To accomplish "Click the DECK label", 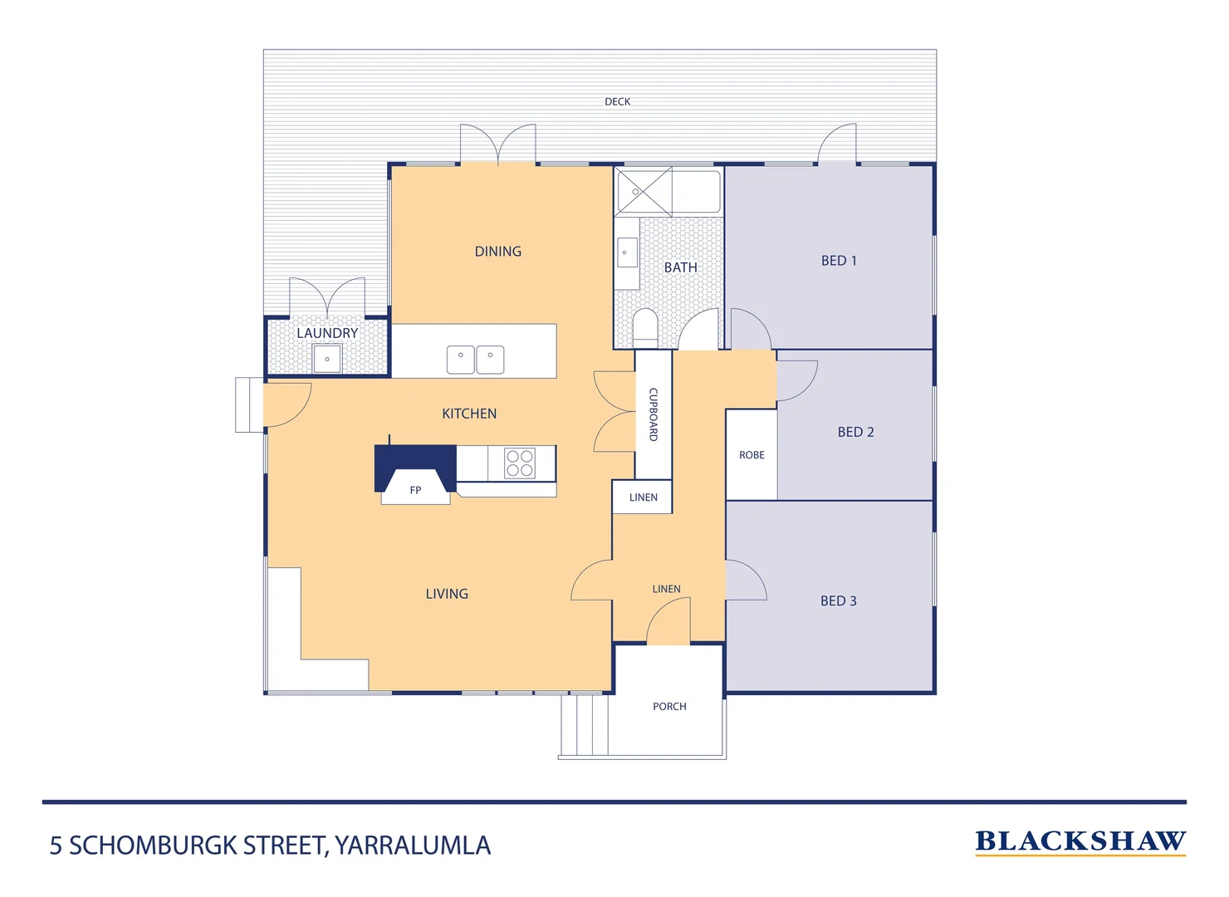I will coord(617,101).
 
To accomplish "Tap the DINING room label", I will coord(497,251).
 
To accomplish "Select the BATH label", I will coord(680,267).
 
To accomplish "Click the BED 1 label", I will coord(838,260).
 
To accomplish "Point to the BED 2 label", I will coord(855,432).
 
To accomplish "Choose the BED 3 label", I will coord(838,600).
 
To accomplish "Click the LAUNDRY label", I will coord(327,333).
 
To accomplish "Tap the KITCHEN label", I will coord(469,414).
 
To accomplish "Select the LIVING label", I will coord(447,594).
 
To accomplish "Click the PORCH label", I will coord(669,707).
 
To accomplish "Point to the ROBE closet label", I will coord(752,455).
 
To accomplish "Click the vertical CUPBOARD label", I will coord(654,414).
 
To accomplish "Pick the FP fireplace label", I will coord(415,490).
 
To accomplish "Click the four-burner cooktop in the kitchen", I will coord(520,463).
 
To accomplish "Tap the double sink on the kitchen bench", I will coord(475,360).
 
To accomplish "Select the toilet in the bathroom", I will coord(645,327).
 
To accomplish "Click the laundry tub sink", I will coord(327,359).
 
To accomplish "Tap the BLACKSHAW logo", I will coord(1080,841).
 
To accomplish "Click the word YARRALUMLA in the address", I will coord(413,846).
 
